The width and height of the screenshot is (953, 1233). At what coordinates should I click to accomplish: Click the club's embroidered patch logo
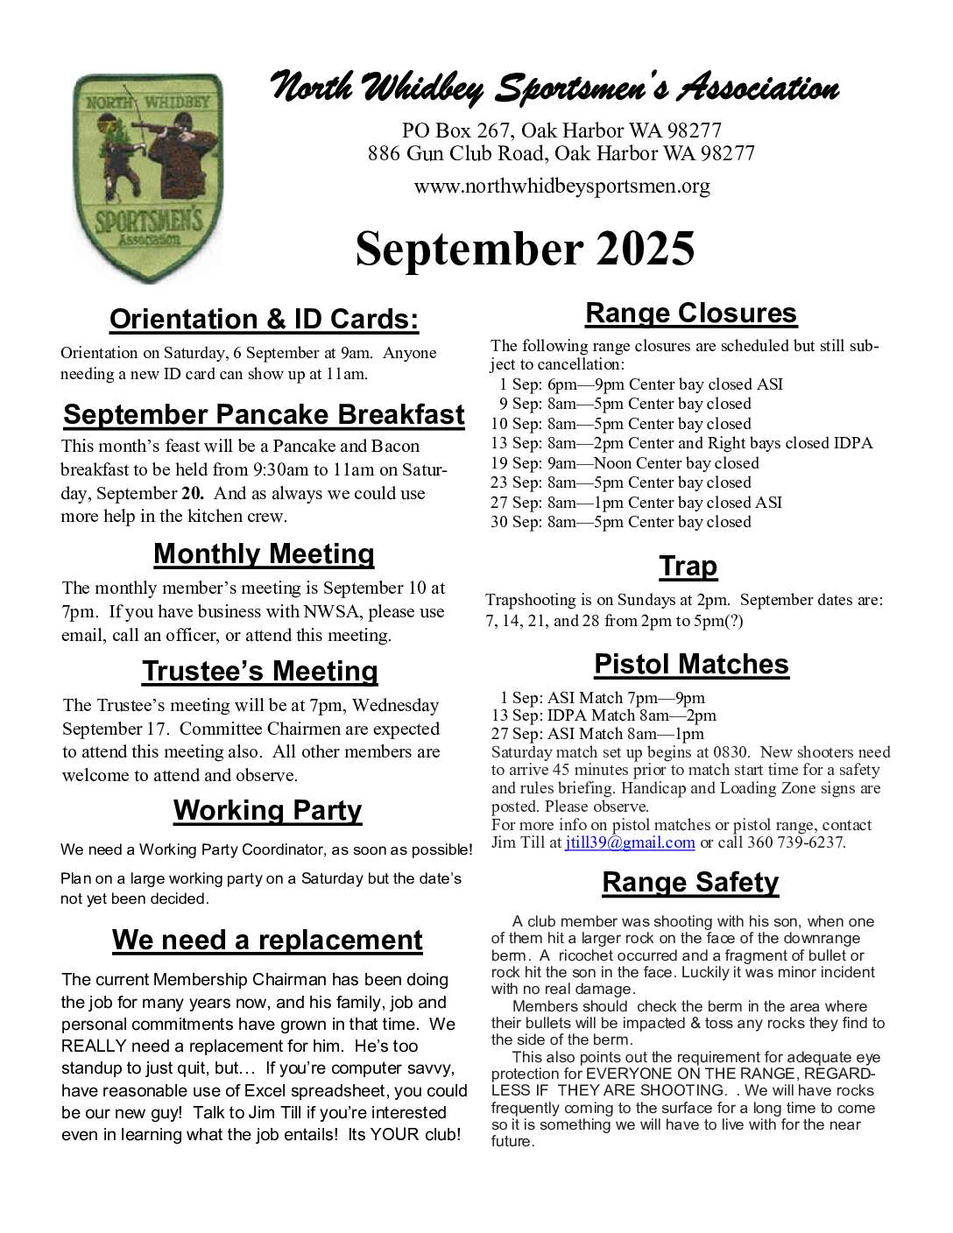coord(147,178)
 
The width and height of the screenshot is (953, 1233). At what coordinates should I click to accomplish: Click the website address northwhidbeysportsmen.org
coord(561,187)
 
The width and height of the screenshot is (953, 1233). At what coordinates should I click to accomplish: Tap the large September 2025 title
coord(525,249)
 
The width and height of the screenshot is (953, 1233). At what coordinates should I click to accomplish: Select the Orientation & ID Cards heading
coord(264,320)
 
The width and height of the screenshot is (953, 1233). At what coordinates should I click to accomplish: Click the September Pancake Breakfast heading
coord(264,414)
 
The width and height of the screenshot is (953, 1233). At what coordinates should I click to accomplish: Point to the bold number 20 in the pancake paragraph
coord(191,494)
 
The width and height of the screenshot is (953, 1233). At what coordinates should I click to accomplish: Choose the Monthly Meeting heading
coord(264,554)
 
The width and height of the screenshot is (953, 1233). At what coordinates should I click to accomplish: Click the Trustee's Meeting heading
coord(260,672)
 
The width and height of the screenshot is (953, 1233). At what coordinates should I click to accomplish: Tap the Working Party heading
coord(267,811)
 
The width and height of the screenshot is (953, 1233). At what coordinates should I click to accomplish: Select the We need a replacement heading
coord(267,941)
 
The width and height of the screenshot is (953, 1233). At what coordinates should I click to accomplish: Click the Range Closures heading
coord(691,314)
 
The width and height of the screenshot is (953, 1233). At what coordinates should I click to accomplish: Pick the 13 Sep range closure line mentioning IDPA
coord(681,443)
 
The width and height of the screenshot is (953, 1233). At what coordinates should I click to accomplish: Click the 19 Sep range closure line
coord(625,463)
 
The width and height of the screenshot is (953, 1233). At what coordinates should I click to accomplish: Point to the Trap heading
coord(688,567)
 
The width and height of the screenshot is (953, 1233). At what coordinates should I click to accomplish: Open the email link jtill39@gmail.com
coord(630,843)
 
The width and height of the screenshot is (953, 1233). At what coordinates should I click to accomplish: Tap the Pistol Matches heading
coord(691,665)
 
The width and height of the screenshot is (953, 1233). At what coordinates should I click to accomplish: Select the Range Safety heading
coord(690,883)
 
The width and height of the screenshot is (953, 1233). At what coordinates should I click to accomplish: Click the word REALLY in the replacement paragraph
coord(91,1046)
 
